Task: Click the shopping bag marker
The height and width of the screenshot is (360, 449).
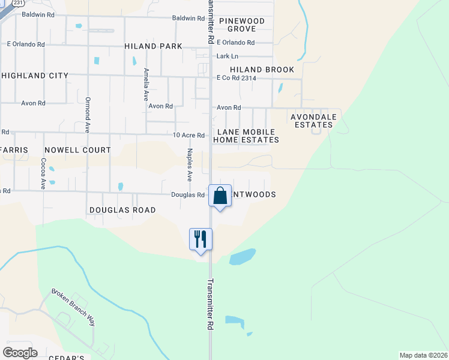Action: click(x=220, y=196)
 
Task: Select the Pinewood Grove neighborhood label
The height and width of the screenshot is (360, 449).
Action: click(x=241, y=25)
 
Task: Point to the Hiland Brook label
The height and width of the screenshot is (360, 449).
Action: click(x=262, y=70)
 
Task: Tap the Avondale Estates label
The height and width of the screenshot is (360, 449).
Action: click(x=313, y=121)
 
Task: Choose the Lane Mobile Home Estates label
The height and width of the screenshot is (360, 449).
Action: click(x=247, y=136)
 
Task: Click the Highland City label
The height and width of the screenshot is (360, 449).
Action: click(x=35, y=76)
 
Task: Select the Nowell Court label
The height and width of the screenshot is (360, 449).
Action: click(x=77, y=149)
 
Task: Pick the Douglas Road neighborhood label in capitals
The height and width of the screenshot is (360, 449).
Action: click(x=122, y=210)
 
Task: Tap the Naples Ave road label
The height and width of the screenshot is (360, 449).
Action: click(x=189, y=165)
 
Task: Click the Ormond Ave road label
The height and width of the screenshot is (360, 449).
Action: click(x=88, y=114)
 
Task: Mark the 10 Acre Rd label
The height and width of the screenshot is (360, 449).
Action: click(x=189, y=135)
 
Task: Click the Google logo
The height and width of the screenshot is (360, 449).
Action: click(x=20, y=352)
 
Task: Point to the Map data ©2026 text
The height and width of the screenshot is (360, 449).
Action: click(x=423, y=355)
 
